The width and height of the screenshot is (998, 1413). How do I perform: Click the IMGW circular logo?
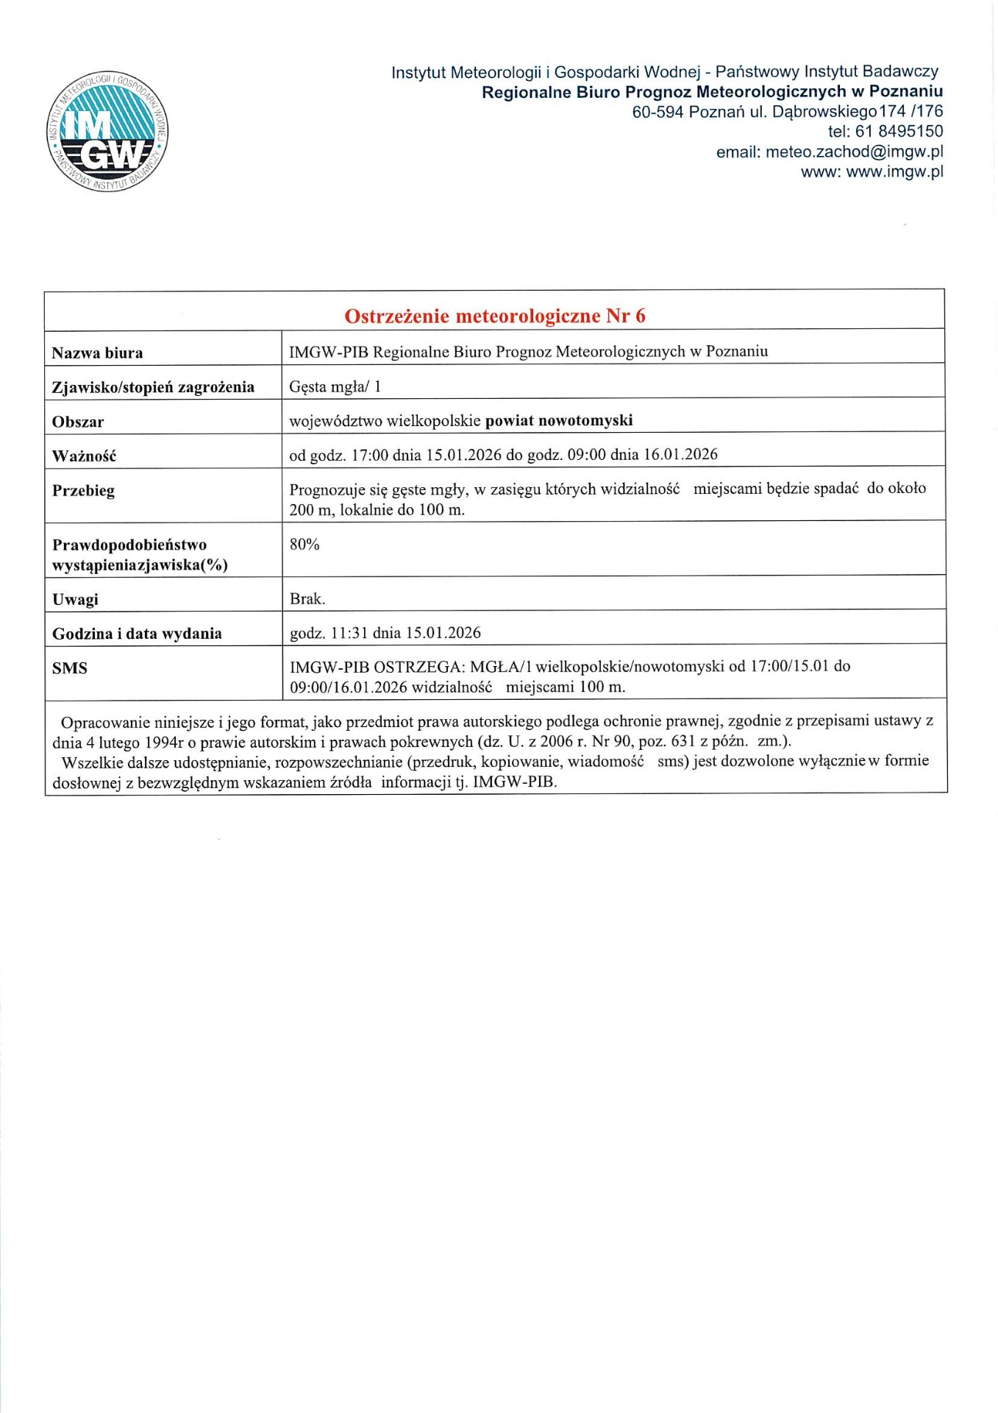[107, 132]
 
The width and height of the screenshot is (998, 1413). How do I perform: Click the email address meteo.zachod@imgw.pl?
[854, 152]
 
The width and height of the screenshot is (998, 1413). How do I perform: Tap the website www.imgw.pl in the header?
[894, 172]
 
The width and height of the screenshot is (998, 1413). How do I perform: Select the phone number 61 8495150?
[899, 132]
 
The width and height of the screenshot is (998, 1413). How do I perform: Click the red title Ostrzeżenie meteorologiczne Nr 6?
[494, 316]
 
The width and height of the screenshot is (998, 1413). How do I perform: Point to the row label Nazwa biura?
[97, 353]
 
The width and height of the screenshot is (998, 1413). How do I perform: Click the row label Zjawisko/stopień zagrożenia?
[153, 387]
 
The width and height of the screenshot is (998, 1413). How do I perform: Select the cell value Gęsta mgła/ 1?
[335, 386]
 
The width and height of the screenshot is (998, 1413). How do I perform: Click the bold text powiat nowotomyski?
[559, 421]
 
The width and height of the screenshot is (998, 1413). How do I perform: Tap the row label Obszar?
[78, 422]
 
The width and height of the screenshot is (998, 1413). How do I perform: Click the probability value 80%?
[304, 545]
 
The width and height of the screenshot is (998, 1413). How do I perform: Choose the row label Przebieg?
[83, 491]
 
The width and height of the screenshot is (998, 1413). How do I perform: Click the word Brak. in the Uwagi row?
[307, 599]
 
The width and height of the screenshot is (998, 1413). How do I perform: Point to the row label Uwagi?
[75, 600]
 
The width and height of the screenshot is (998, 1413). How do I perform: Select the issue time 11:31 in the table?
[350, 633]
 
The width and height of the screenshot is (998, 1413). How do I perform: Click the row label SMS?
[70, 668]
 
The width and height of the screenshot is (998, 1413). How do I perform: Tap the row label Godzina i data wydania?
[137, 634]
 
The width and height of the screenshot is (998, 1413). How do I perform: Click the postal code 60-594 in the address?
[657, 112]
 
